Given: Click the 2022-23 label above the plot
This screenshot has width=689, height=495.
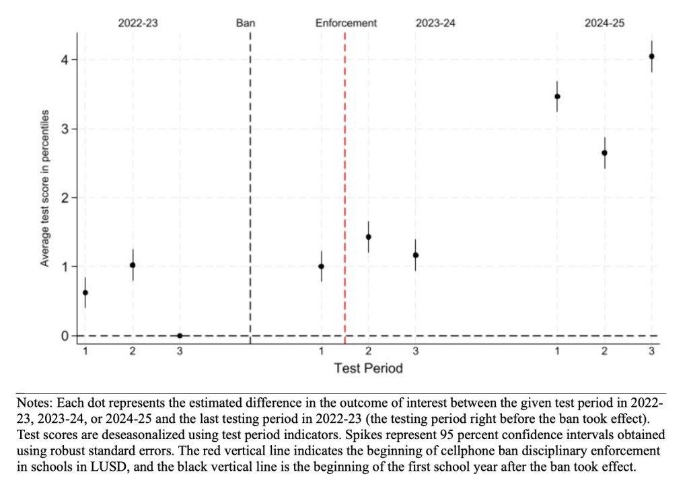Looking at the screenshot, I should pyautogui.click(x=138, y=23).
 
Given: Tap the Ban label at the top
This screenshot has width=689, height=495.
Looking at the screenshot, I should pyautogui.click(x=246, y=23).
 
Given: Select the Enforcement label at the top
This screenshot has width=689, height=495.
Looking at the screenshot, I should pyautogui.click(x=346, y=23).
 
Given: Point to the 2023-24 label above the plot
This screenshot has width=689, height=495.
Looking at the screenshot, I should pyautogui.click(x=435, y=23).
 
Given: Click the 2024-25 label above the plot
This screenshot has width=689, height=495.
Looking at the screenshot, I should pyautogui.click(x=604, y=23).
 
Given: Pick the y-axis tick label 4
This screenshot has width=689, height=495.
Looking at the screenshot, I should pyautogui.click(x=65, y=60).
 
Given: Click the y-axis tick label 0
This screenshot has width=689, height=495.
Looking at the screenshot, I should pyautogui.click(x=65, y=335).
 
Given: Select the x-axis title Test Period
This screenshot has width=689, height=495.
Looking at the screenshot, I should pyautogui.click(x=368, y=368).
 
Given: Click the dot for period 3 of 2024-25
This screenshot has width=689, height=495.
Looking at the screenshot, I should pyautogui.click(x=651, y=57).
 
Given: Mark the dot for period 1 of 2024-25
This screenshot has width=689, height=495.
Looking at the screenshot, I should pyautogui.click(x=557, y=96).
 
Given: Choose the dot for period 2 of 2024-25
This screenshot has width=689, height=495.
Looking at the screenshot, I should pyautogui.click(x=604, y=153).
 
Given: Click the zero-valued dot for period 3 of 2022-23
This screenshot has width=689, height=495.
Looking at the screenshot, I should pyautogui.click(x=180, y=335).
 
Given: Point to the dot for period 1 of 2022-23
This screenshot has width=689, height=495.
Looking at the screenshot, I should pyautogui.click(x=85, y=292).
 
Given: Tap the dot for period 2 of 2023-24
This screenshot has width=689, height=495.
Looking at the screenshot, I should pyautogui.click(x=368, y=237).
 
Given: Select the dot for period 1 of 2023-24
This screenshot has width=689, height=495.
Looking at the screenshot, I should pyautogui.click(x=321, y=266).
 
